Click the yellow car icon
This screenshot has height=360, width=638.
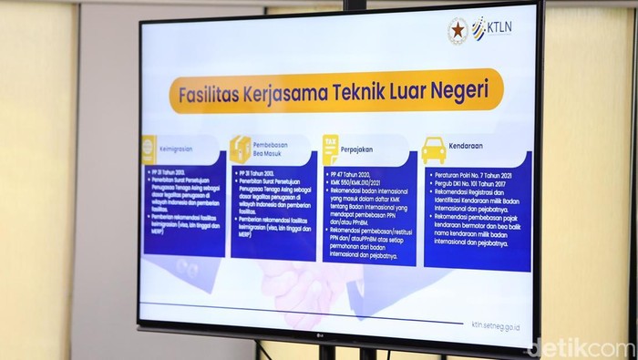[434, 149]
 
